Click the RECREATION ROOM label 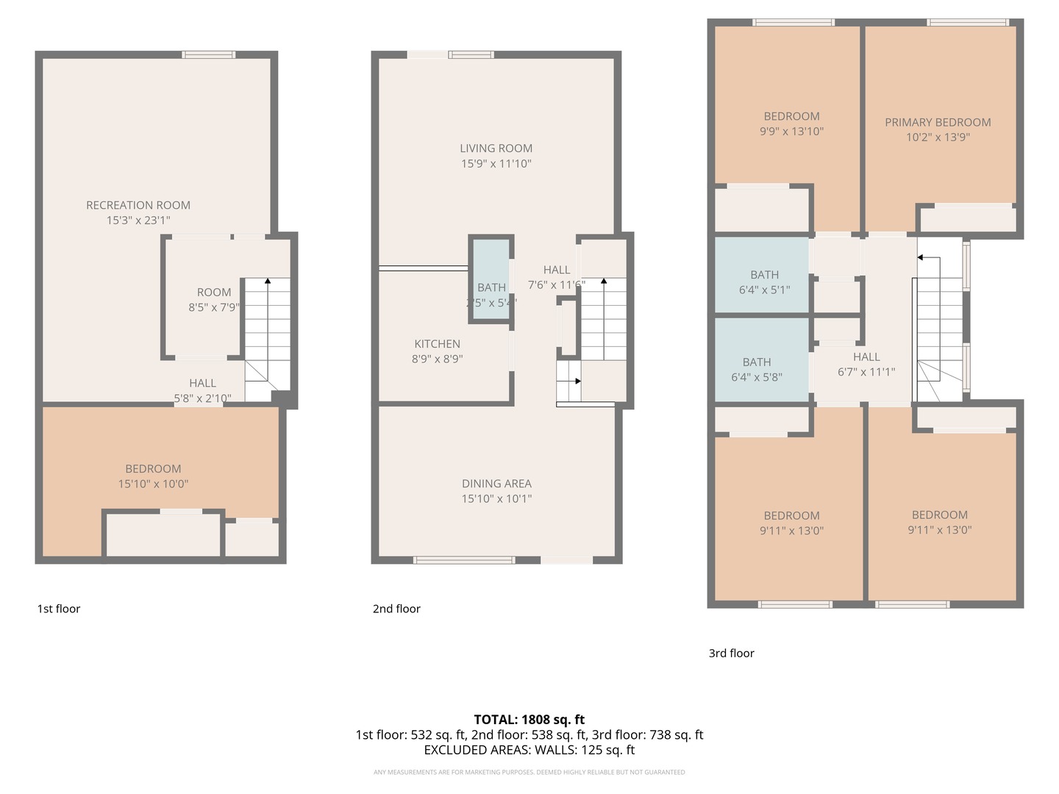(138, 205)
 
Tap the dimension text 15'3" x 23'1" (138, 221)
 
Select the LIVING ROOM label (496, 149)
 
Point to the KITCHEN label (437, 344)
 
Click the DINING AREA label (496, 484)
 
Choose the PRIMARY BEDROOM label (938, 123)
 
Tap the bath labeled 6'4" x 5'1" (764, 282)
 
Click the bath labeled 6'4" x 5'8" (757, 370)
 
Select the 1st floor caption (59, 609)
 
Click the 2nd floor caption (396, 609)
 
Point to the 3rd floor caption (731, 653)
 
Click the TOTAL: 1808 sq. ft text (529, 720)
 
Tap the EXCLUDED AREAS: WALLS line (529, 750)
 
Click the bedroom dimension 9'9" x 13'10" (791, 132)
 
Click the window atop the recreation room (209, 54)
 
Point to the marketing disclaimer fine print (529, 772)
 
